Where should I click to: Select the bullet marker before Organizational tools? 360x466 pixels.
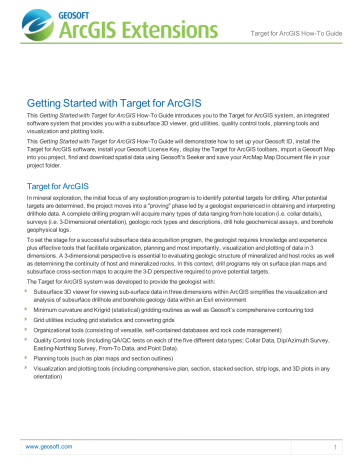pos(32,362)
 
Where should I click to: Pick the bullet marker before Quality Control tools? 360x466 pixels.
pos(32,375)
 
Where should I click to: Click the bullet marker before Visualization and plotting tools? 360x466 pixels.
pos(32,408)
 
